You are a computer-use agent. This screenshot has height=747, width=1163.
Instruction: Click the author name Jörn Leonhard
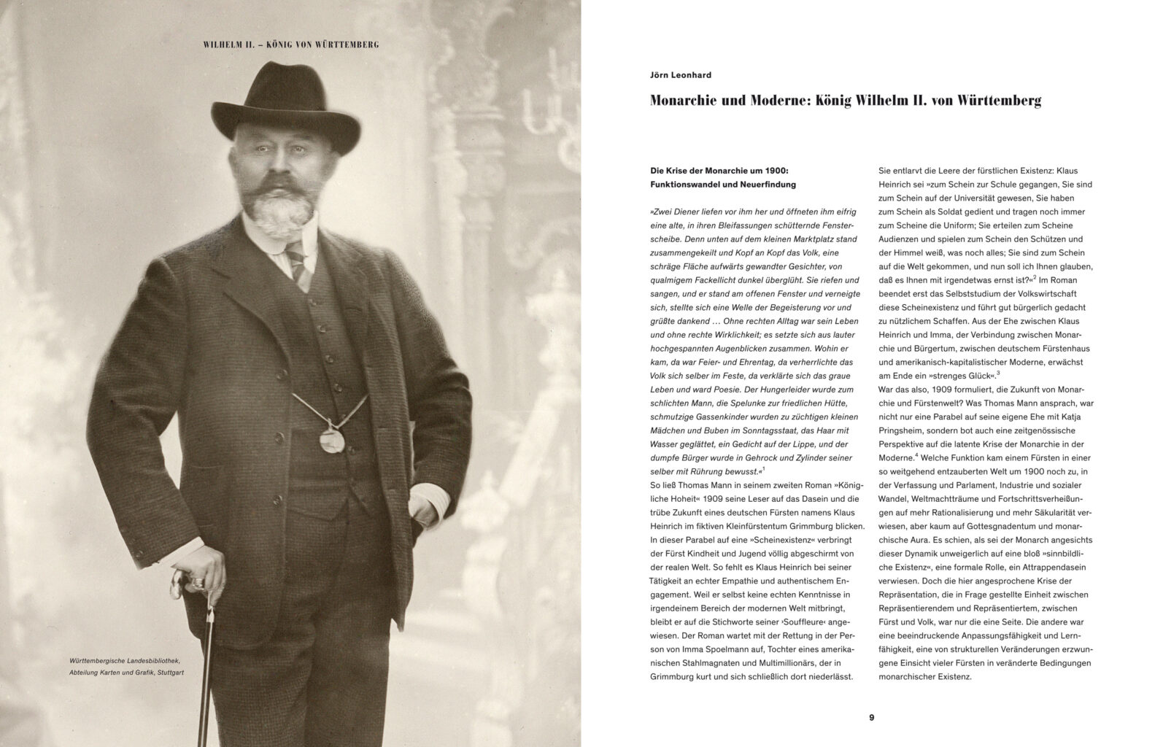click(x=680, y=74)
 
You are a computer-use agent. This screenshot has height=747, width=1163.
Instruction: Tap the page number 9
click(x=871, y=717)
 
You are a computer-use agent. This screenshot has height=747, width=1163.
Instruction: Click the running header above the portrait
click(x=290, y=44)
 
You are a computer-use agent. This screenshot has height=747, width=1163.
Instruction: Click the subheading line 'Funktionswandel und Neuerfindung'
click(x=723, y=185)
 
